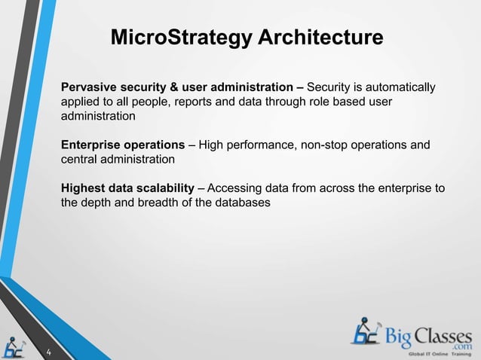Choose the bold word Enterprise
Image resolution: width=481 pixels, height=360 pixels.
pyautogui.click(x=91, y=145)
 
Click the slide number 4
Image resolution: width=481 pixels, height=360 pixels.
pyautogui.click(x=48, y=352)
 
